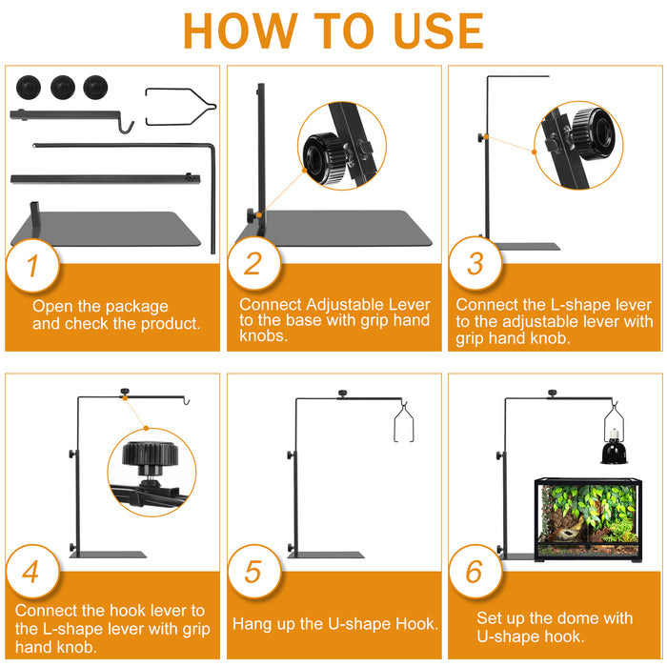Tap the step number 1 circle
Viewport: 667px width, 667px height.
[32, 266]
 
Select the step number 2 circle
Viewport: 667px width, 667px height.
[254, 264]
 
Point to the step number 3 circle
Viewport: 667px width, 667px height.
[475, 263]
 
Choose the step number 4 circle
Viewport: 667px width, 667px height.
[32, 572]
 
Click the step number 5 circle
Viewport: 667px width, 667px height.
[254, 572]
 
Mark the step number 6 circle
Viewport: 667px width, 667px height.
[475, 572]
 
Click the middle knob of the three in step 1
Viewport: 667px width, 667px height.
[63, 88]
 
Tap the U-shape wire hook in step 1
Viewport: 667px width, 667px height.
[180, 107]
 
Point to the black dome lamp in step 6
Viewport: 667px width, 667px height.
[614, 447]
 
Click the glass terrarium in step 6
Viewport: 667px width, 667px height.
[588, 519]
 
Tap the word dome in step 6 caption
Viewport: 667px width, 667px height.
[572, 618]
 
